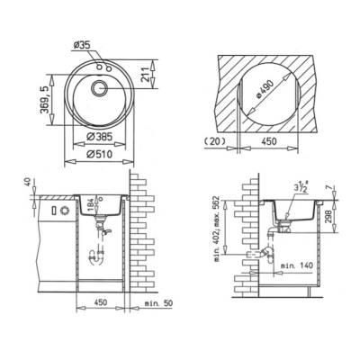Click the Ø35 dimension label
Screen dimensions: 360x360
[x=82, y=45]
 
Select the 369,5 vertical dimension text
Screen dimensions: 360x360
[x=44, y=100]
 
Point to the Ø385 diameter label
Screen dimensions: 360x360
[x=99, y=137]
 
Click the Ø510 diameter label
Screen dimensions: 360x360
[x=99, y=154]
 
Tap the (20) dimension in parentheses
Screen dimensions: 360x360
[x=215, y=140]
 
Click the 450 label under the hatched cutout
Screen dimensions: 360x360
[x=269, y=140]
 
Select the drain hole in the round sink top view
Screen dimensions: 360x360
[x=99, y=88]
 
